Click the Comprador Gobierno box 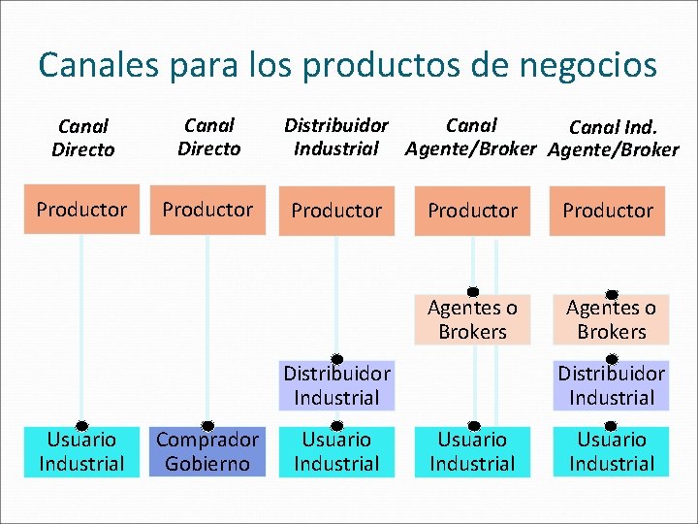tap(207, 451)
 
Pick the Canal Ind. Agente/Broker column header tap(613, 138)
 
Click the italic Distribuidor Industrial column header tap(335, 137)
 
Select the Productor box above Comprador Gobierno tap(207, 210)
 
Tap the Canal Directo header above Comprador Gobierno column tap(208, 137)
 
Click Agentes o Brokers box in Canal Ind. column tap(612, 320)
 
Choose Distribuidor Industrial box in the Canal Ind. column tap(612, 385)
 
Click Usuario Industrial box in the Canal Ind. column tap(612, 451)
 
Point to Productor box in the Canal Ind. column tap(609, 211)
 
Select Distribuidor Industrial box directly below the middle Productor tap(336, 385)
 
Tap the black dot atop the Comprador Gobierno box tap(207, 425)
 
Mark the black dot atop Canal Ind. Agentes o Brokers tap(612, 294)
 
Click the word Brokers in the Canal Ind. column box tap(612, 332)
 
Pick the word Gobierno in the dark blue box tap(207, 464)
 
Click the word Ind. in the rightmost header tap(640, 127)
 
